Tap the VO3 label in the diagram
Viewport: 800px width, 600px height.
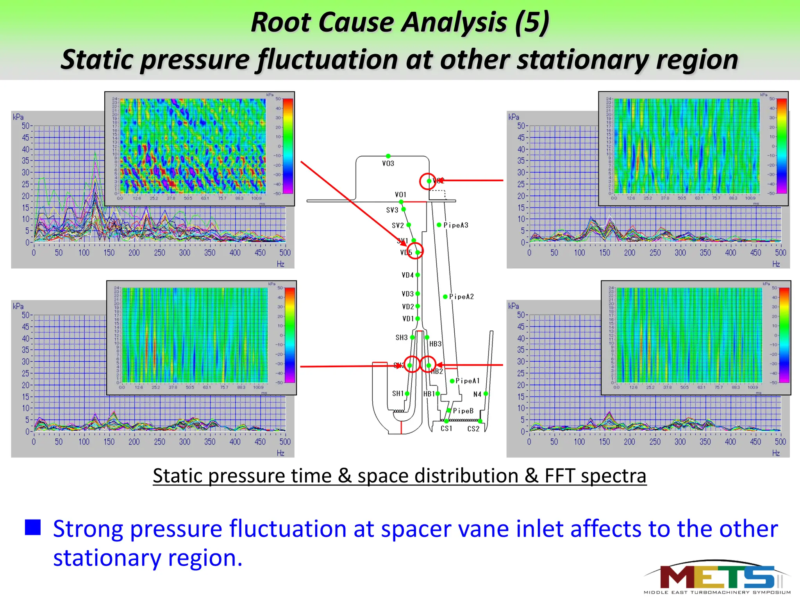click(388, 163)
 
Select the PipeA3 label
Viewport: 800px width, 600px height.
click(455, 225)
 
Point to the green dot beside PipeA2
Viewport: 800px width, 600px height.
click(445, 296)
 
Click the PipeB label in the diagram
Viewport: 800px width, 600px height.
click(463, 411)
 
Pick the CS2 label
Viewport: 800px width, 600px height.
click(473, 429)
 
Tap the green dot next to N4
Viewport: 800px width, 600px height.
click(486, 394)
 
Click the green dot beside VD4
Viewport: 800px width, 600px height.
click(418, 275)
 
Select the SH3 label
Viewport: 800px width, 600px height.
click(402, 337)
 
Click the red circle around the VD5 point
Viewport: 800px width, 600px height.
click(415, 251)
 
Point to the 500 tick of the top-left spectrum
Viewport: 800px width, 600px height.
click(285, 253)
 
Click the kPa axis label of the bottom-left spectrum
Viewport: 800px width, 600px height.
click(18, 306)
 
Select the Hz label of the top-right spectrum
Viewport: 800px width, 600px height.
click(776, 264)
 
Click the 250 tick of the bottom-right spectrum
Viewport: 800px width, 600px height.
click(655, 442)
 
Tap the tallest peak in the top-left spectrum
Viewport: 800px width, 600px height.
click(95, 153)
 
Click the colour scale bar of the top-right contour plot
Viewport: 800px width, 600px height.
click(782, 146)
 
